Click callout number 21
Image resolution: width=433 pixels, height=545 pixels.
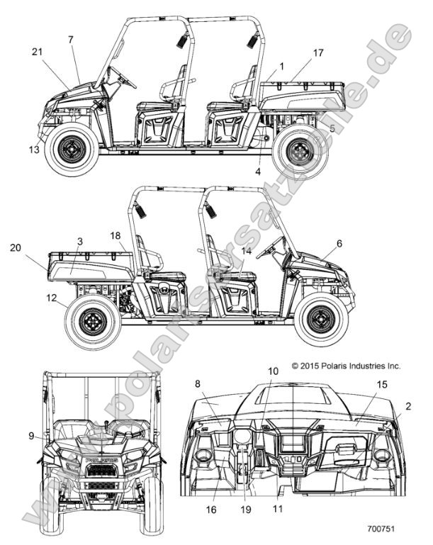click(x=37, y=51)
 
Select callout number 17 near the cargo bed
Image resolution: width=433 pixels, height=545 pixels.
click(x=318, y=52)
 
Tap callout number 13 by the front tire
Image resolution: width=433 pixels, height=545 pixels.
click(x=34, y=150)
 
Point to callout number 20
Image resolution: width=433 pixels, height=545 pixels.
click(x=15, y=247)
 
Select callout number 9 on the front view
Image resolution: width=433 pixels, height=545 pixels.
click(x=31, y=437)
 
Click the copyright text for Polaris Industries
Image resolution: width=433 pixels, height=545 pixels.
click(x=346, y=366)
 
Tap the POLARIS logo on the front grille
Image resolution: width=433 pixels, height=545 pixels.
click(x=101, y=460)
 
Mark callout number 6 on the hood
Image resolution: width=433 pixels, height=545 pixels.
click(x=339, y=243)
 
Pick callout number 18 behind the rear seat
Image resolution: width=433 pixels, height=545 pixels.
click(x=116, y=235)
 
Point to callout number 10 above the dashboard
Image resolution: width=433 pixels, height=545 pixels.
click(x=273, y=371)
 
